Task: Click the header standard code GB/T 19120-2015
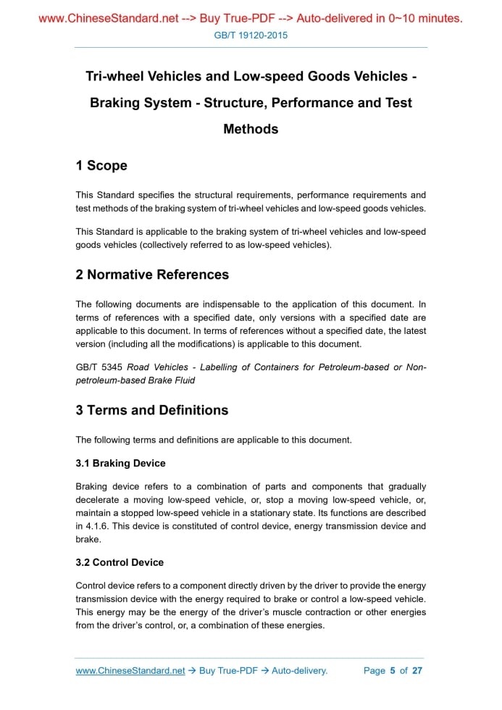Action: coord(251,35)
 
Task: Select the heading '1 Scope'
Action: coord(101,166)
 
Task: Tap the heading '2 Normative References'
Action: coord(152,275)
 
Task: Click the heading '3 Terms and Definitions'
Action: coord(151,410)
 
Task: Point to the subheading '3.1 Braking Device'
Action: coord(120,463)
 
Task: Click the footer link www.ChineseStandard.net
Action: coord(130,671)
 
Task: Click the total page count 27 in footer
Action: coord(417,671)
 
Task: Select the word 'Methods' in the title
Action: coord(251,129)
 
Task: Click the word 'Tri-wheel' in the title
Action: coord(116,77)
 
